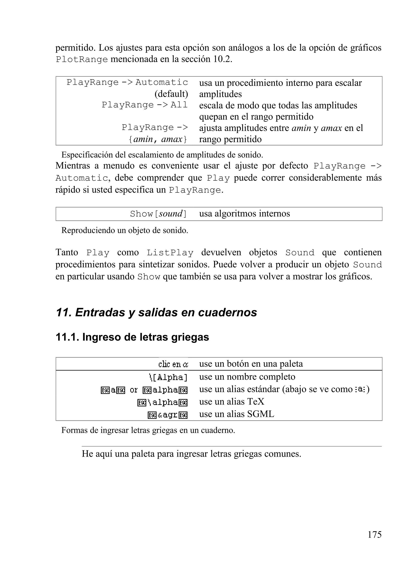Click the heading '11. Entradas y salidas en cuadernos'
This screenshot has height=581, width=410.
coord(156,312)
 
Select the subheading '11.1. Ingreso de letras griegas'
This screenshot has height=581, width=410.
coord(132,337)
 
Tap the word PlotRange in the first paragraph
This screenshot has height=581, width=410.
coord(82,59)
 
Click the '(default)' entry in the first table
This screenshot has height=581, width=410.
coord(171,94)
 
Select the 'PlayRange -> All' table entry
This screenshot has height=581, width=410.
coord(145,105)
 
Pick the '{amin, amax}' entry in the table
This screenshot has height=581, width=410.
coord(158,139)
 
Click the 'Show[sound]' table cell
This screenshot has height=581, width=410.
coord(158,214)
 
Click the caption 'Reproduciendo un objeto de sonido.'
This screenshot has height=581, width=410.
coord(125,230)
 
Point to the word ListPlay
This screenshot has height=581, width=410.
coord(170,253)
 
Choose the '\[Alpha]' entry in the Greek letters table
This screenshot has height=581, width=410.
coord(168,377)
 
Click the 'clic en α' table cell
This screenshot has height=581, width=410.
coord(173,364)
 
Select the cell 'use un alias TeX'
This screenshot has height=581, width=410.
coord(232,402)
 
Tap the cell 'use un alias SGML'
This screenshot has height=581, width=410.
coord(236,414)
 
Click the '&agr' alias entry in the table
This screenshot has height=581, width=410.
coord(167,415)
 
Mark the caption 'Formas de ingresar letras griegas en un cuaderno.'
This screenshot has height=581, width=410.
coord(148,430)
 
